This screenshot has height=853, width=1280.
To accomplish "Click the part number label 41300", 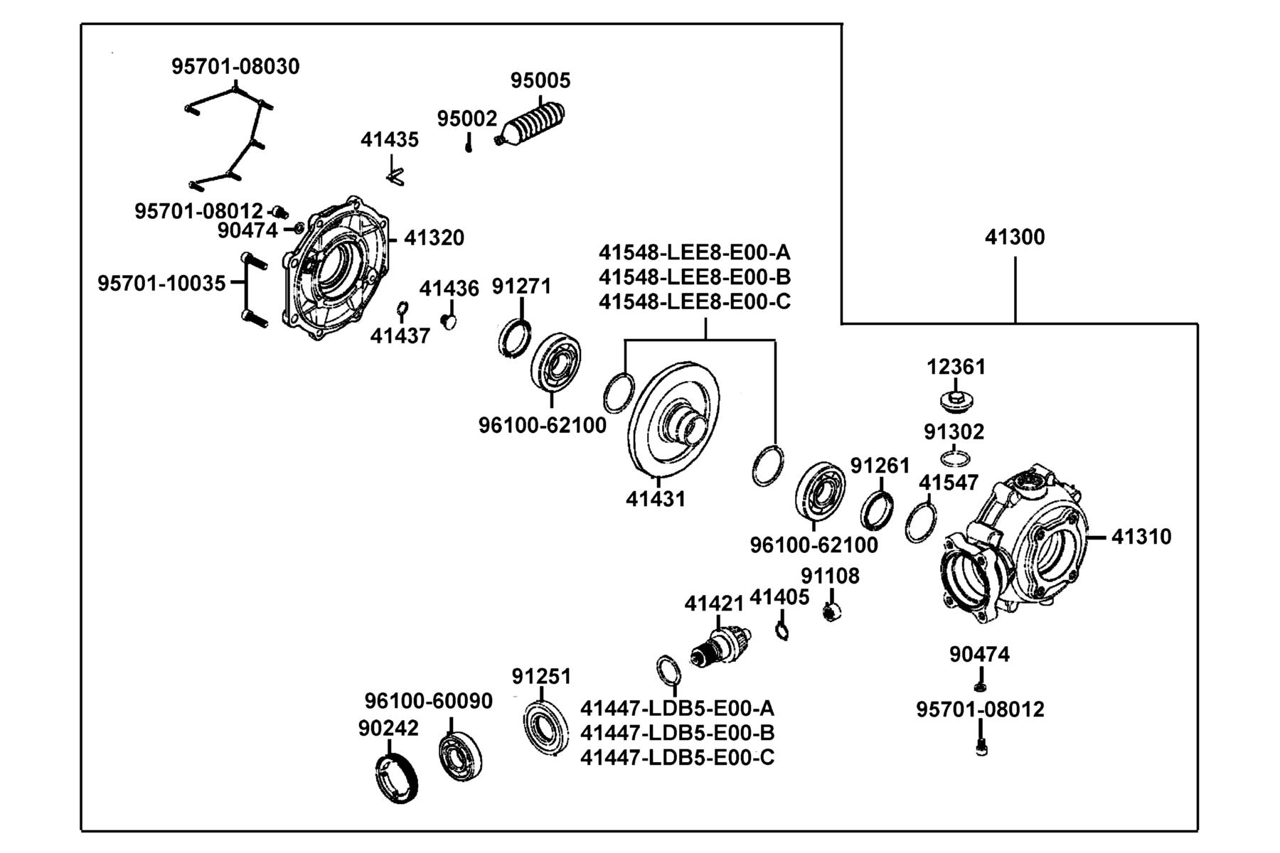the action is tap(1015, 237).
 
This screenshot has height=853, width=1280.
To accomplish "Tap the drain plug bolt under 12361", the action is tap(957, 400).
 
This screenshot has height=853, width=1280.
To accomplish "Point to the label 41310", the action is tap(1141, 537).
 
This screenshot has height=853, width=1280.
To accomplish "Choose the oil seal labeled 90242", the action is tap(396, 780).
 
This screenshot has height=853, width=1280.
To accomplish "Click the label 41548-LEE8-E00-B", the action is tap(695, 277).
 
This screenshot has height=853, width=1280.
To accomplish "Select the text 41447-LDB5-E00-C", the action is tap(678, 758).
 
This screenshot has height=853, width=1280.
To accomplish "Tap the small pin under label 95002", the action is tap(469, 145).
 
